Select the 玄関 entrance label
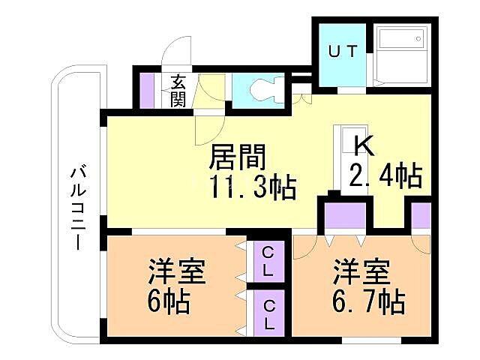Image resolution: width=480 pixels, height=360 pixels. pos(178,91)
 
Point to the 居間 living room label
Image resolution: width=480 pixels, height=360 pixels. pos(238,158)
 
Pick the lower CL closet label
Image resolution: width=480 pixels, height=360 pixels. pos(268,313)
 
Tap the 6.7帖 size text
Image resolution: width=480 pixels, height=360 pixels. pos(370,302)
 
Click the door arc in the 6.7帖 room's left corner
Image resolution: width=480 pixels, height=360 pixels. pos(306,247)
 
